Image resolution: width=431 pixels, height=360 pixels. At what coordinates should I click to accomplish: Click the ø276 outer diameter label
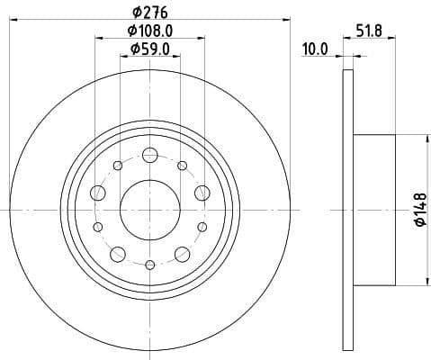(150, 11)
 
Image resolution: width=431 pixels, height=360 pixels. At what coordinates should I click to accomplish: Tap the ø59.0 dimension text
(150, 49)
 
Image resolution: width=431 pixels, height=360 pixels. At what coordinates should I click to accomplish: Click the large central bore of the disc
(150, 208)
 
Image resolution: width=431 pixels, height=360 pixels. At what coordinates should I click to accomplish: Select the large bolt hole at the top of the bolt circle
(150, 155)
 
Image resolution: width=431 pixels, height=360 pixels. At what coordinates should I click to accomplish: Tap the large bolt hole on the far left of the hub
(99, 192)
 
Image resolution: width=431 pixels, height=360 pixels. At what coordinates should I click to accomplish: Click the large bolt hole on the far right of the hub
(202, 192)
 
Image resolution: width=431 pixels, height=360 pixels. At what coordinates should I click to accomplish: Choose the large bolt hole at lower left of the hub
(118, 252)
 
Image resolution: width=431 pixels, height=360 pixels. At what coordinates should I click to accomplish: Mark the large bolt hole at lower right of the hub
(183, 252)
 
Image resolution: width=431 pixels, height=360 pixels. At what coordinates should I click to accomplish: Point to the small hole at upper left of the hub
(118, 165)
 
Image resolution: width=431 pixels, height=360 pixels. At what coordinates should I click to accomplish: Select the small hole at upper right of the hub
(183, 165)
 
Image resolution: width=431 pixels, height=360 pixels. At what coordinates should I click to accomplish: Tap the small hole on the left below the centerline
(98, 226)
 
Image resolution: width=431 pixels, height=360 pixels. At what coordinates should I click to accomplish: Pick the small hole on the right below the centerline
(202, 226)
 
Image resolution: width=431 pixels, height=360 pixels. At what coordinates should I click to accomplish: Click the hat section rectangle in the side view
(374, 208)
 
